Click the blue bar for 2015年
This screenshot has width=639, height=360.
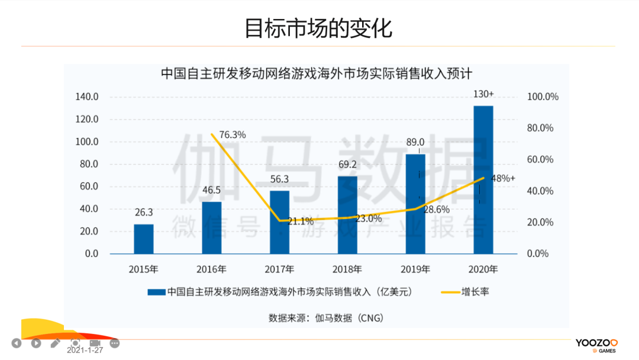coord(143,239)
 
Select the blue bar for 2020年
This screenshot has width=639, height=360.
coord(483,179)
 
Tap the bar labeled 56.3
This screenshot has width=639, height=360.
coord(279,222)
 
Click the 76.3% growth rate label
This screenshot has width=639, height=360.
coord(232,135)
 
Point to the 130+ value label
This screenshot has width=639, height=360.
coord(483,94)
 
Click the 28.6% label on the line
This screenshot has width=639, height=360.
coord(436,209)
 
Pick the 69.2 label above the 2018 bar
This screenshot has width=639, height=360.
coord(347,164)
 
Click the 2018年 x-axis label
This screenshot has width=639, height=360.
coord(347,269)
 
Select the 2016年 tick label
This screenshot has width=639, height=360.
coord(211,269)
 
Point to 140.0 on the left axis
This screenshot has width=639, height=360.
coord(87,97)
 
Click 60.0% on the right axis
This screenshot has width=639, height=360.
coord(540,159)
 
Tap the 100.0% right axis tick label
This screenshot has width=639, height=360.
coord(542,97)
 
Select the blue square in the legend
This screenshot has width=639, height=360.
coord(156,291)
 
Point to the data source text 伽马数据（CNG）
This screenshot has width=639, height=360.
coord(325,318)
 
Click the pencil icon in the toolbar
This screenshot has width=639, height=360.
coord(56,343)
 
